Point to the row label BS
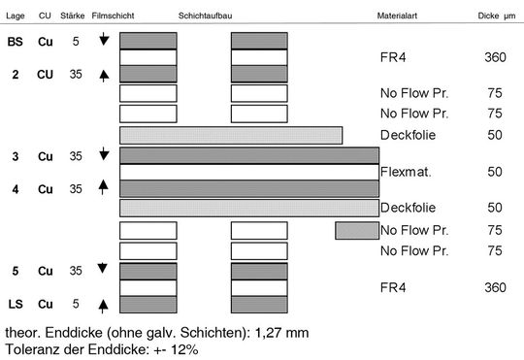(x=16, y=41)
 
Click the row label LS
(x=16, y=306)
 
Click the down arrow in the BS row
(x=105, y=40)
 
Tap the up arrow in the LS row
(x=105, y=306)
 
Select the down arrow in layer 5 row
(x=105, y=270)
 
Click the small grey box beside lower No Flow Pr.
(x=356, y=230)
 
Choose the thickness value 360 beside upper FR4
(x=495, y=57)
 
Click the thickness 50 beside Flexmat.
(x=495, y=172)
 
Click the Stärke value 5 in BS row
(x=75, y=41)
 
